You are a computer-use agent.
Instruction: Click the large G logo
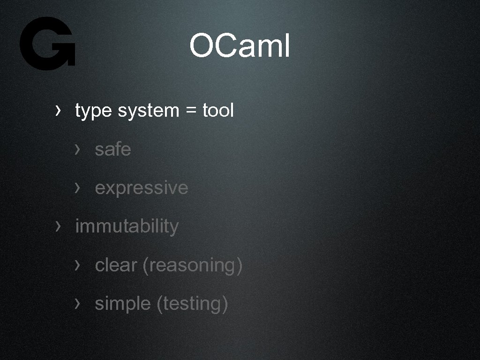[x=47, y=44]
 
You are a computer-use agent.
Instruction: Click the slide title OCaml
[x=240, y=46]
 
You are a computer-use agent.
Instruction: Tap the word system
[x=149, y=111]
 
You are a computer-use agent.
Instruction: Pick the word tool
[x=218, y=111]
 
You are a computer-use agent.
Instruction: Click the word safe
[x=112, y=150]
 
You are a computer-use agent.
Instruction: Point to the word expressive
[x=141, y=188]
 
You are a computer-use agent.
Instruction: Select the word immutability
[x=127, y=226]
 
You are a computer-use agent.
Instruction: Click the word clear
[x=116, y=265]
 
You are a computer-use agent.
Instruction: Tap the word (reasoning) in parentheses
[x=192, y=265]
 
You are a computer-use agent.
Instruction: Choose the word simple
[x=122, y=304]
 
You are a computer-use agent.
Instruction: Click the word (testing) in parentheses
[x=192, y=304]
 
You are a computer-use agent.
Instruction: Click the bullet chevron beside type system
[x=58, y=111]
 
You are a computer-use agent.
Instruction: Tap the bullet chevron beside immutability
[x=58, y=226]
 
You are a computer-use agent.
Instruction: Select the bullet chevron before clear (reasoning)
[x=77, y=265]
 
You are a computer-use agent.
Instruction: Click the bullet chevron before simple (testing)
[x=77, y=304]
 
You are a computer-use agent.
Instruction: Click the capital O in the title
[x=202, y=46]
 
